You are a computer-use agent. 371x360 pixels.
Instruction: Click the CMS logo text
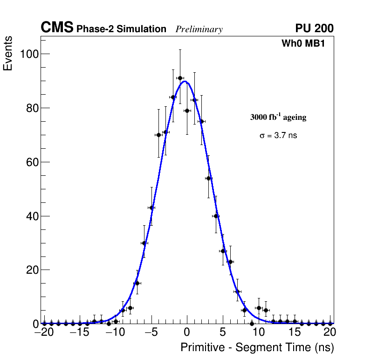point(57,28)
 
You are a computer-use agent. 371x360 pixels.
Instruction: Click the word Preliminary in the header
point(199,29)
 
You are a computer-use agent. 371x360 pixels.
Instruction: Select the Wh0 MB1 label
point(303,44)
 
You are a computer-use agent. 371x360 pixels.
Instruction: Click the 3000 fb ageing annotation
point(278,118)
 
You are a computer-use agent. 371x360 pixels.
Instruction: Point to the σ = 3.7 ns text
point(278,136)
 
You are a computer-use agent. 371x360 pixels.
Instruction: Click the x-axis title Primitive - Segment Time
point(257,347)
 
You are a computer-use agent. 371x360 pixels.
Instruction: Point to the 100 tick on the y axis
point(29,54)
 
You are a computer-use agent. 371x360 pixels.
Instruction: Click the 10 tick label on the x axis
point(259,332)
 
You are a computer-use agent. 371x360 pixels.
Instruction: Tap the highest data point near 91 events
point(180,78)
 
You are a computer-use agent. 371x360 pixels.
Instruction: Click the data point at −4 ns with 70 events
point(158,135)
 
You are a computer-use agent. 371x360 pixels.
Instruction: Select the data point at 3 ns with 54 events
point(208,178)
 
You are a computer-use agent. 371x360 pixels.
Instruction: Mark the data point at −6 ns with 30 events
point(144,243)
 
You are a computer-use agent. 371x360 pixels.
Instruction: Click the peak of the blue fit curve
point(185,81)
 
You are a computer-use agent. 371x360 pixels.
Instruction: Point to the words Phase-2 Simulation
point(121,29)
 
